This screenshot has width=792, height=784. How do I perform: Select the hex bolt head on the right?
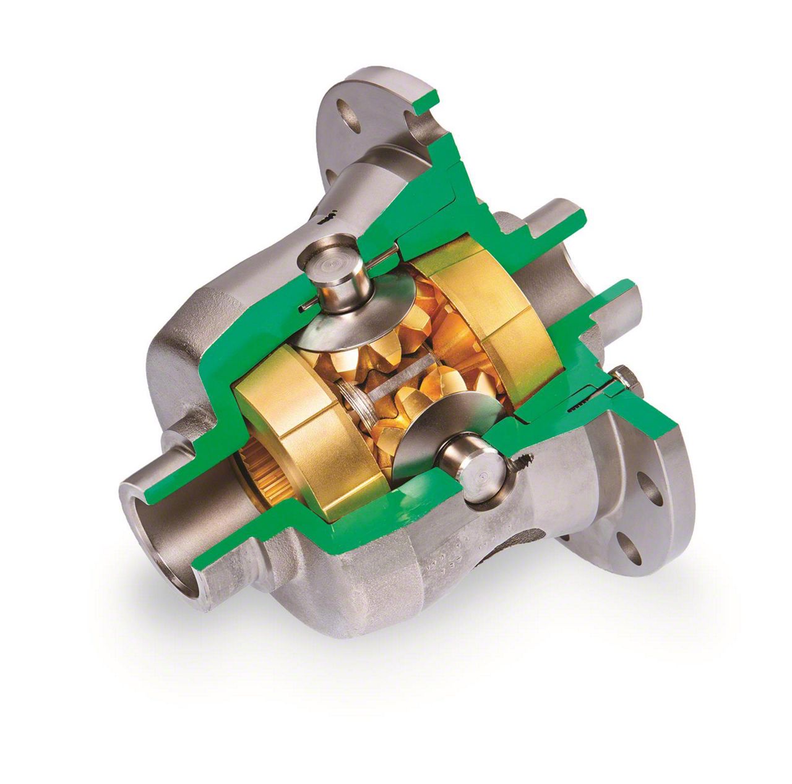point(625,378)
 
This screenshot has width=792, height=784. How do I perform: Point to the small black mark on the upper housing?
point(326,218)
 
